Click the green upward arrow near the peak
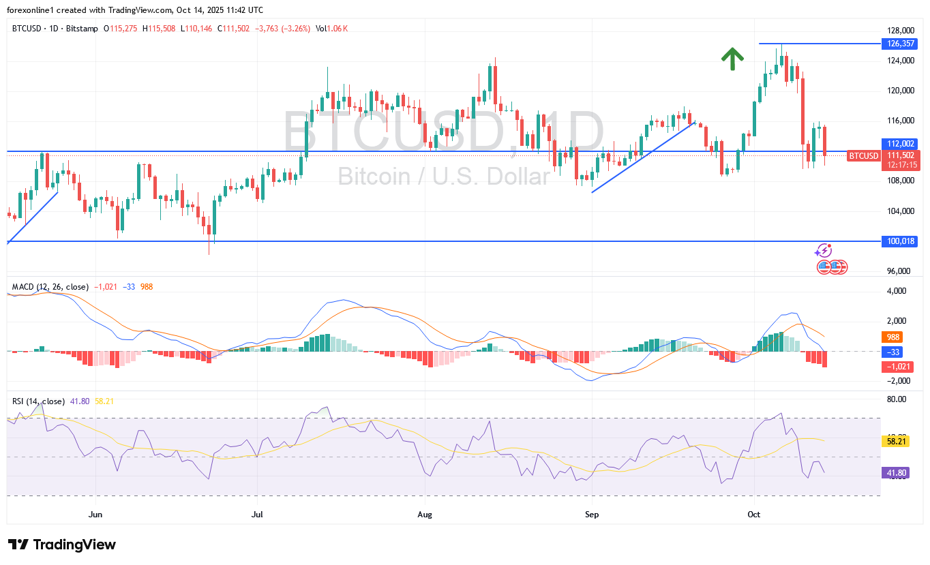pos(732,59)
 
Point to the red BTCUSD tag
pos(863,156)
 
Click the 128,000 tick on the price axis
pos(897,31)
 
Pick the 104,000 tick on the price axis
pos(897,211)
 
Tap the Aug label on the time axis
pos(425,514)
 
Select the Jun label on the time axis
pos(95,514)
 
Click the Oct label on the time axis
pos(754,514)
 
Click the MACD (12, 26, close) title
pos(50,287)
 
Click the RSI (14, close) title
pos(39,401)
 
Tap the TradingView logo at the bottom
pos(62,545)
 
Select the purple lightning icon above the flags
pos(824,251)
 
